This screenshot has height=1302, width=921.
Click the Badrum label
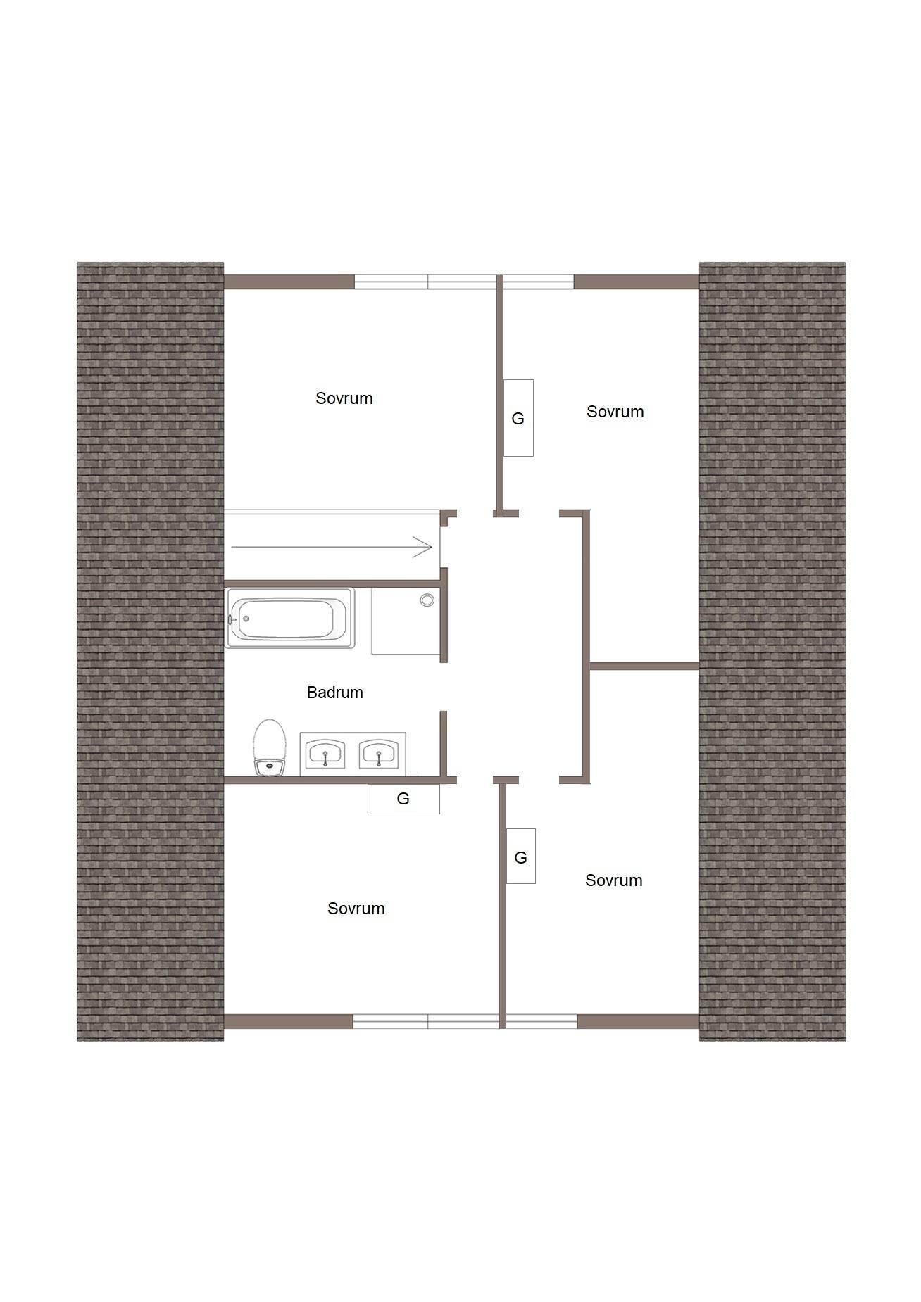335,693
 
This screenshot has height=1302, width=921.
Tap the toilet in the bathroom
270,747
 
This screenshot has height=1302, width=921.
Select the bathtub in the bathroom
289,618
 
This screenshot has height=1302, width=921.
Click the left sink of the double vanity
325,754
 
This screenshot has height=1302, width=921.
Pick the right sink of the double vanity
379,754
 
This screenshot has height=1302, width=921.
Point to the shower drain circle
427,600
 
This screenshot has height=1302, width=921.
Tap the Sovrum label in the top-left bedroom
344,398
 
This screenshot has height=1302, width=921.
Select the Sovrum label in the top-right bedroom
615,412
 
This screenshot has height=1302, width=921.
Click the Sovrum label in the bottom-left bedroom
356,909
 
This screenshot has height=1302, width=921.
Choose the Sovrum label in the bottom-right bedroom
614,880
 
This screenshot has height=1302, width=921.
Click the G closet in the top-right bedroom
518,418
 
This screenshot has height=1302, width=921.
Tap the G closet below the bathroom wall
403,799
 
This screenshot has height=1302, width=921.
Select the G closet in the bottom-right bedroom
521,857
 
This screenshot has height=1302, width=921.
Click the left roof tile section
150,652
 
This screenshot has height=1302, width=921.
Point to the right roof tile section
772,652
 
